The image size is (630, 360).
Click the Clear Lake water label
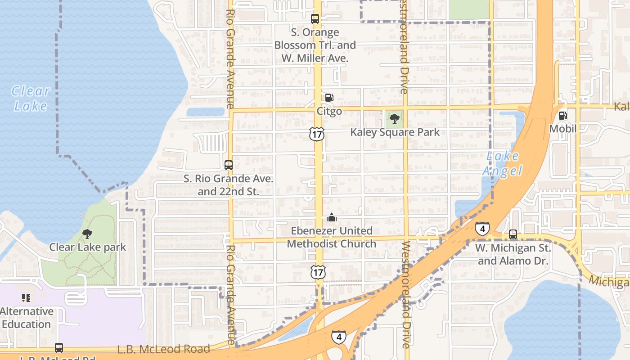[x=30, y=98]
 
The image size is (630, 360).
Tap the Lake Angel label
[x=502, y=164]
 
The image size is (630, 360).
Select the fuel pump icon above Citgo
[x=329, y=98]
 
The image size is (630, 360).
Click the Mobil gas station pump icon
[x=562, y=116]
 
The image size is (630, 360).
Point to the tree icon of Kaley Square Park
[x=395, y=119]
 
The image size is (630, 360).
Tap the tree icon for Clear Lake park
[x=87, y=234]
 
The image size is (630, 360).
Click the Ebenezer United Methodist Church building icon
[x=332, y=218]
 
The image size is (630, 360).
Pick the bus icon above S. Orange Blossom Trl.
[x=315, y=19]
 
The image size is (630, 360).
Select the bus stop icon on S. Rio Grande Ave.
[x=229, y=165]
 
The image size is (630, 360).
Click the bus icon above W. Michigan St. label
[x=513, y=234]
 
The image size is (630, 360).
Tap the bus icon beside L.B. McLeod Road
[x=59, y=348]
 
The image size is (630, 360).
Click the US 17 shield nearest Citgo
[x=317, y=134]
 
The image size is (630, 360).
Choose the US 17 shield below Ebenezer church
[x=318, y=272]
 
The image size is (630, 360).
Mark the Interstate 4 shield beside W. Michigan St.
[x=482, y=229]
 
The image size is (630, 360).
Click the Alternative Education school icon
[x=26, y=297]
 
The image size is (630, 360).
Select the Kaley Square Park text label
[x=395, y=132]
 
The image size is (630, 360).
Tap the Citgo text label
[x=329, y=111]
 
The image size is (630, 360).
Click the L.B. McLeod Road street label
[x=164, y=349]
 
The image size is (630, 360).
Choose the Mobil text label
[x=562, y=129]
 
